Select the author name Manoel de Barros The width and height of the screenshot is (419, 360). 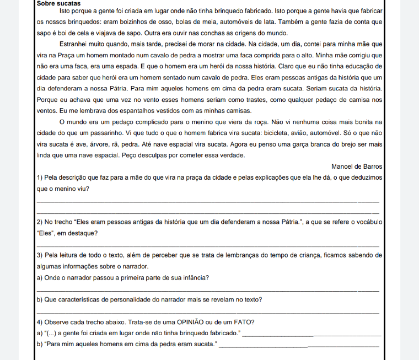click(x=357, y=166)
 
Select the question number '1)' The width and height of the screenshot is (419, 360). click(x=40, y=178)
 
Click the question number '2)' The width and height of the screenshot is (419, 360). click(x=40, y=222)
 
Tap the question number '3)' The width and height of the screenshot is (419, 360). click(x=40, y=256)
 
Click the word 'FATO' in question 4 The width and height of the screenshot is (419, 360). click(x=244, y=323)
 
